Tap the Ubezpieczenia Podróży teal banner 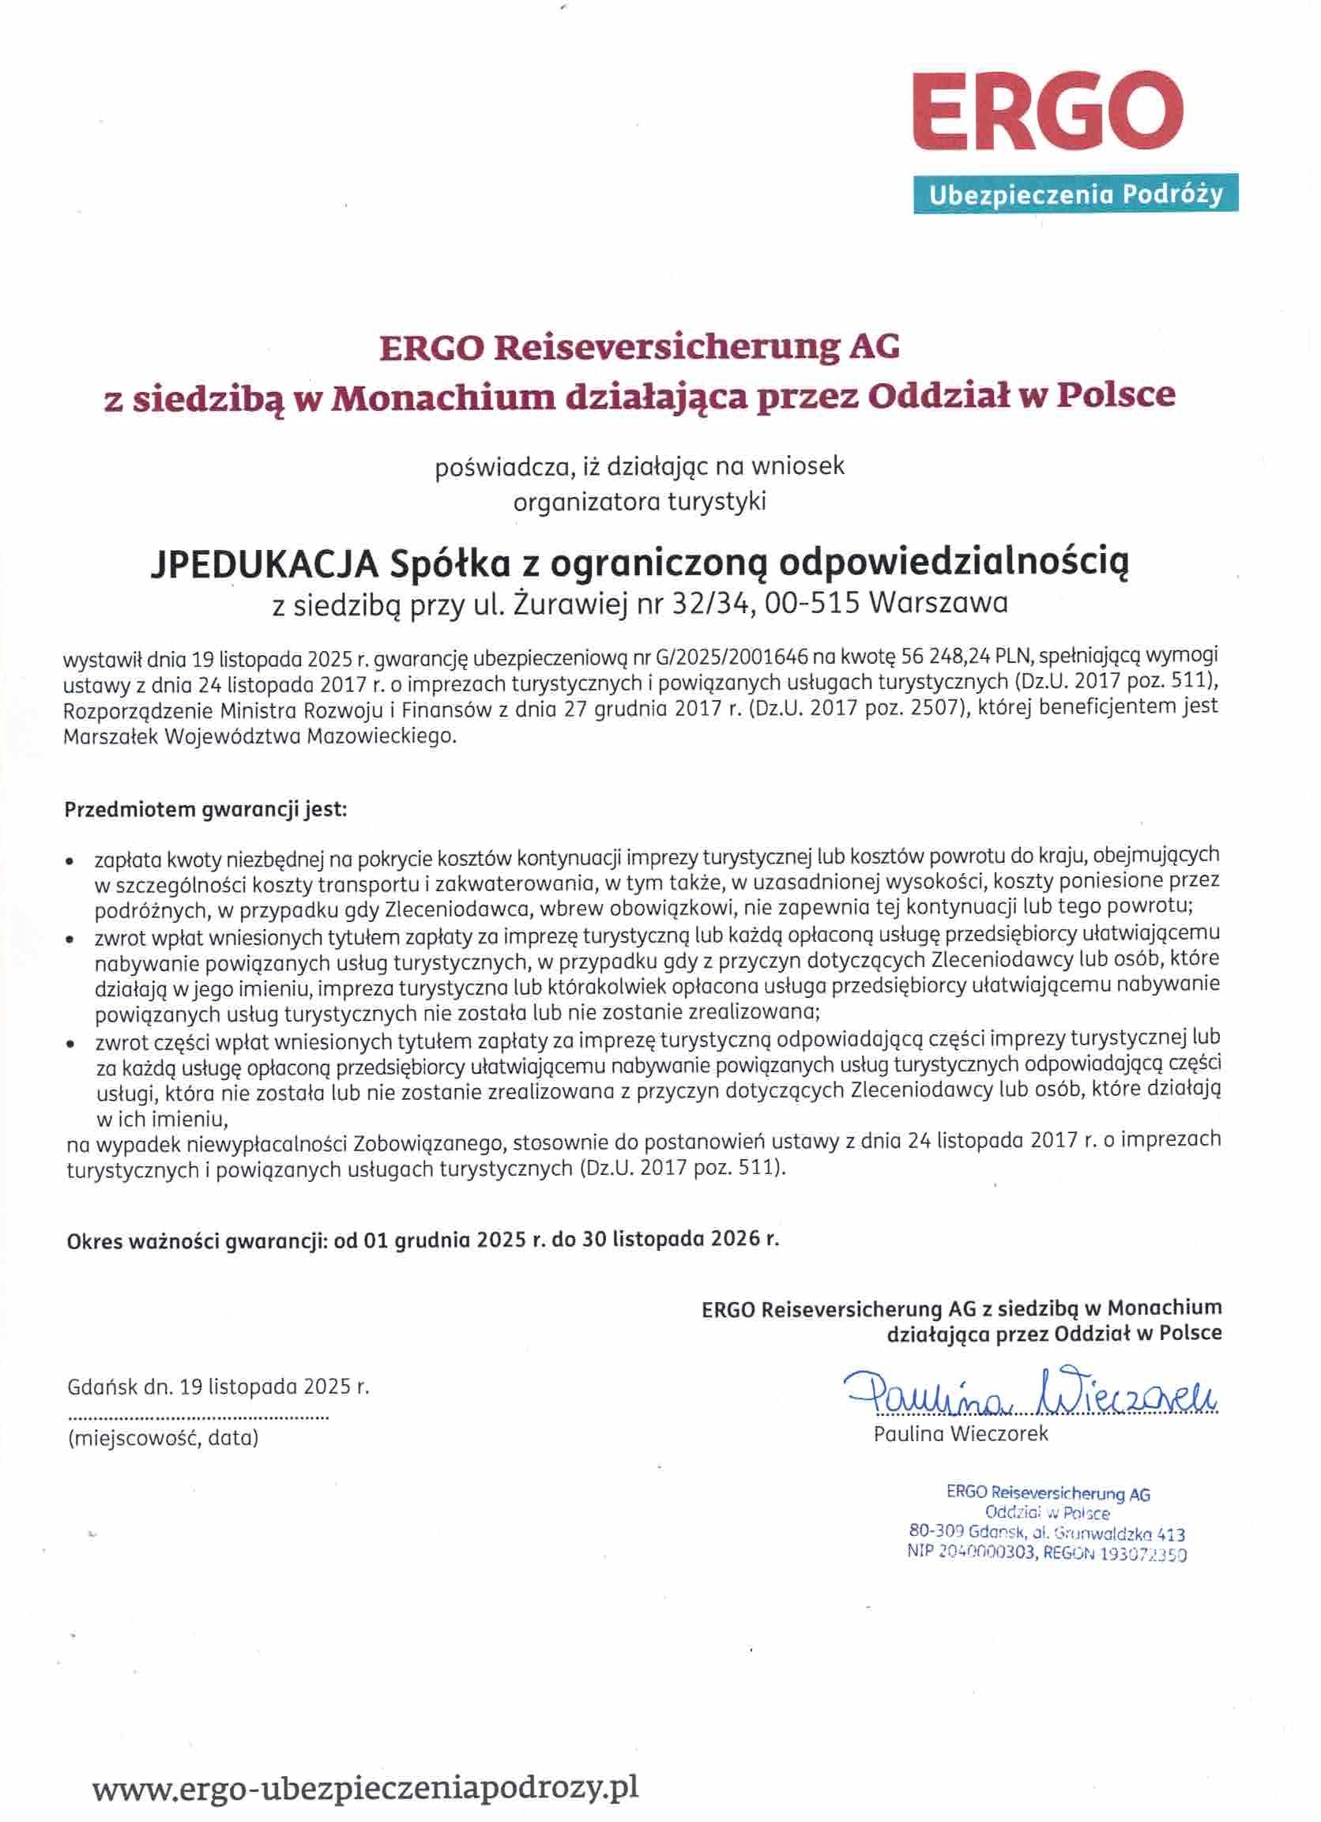(x=1075, y=194)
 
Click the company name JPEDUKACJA (x=265, y=564)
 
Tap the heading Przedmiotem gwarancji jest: (x=205, y=809)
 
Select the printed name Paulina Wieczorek (x=960, y=1434)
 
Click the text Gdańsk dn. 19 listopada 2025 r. (x=219, y=1387)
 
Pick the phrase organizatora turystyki (x=640, y=502)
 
